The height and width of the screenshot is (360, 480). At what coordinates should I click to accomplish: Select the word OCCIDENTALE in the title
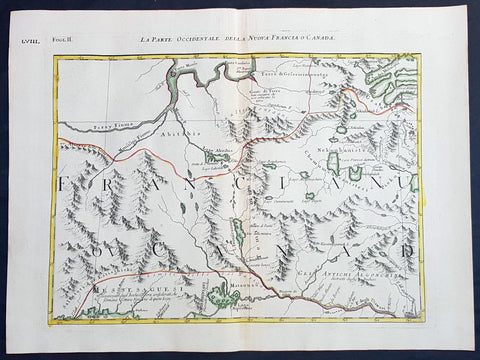(x=204, y=38)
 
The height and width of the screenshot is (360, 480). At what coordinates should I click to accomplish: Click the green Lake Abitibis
(x=219, y=156)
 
